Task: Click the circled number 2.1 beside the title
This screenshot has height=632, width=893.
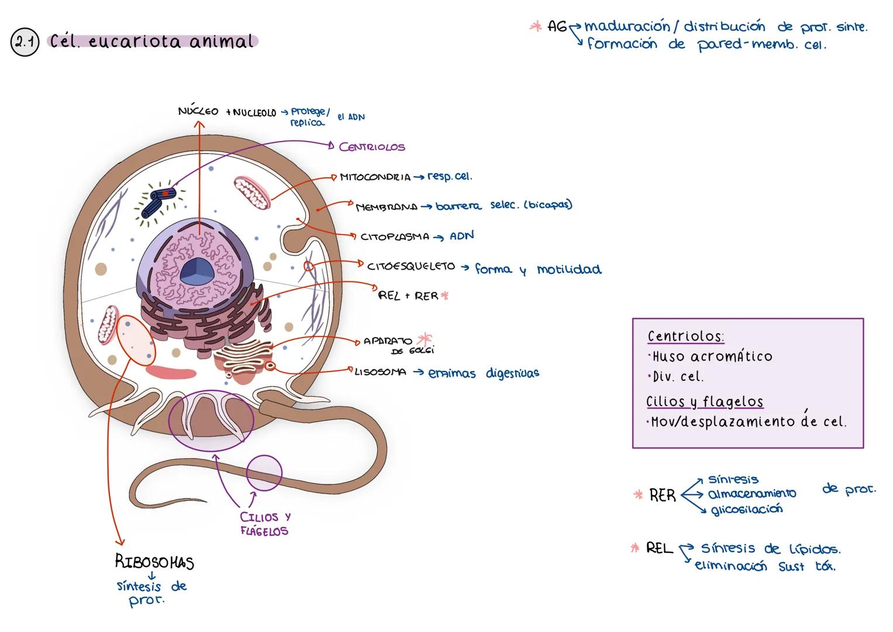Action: coord(25,43)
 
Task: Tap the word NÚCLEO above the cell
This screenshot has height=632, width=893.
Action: coord(198,111)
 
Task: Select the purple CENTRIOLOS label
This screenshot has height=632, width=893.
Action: coord(372,147)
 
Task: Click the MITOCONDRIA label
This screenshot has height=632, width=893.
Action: coord(375,177)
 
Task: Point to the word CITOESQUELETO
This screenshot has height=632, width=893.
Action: coord(411,266)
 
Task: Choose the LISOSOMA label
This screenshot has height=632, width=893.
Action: coord(380,372)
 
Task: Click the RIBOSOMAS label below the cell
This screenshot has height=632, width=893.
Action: coord(154,562)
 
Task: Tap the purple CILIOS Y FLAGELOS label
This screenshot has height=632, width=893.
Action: coord(265,524)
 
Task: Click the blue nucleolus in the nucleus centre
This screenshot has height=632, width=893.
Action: coord(196,272)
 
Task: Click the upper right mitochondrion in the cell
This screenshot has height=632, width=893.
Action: coord(252,194)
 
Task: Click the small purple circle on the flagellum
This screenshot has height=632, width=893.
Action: coord(264,472)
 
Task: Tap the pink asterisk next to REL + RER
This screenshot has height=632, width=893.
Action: coord(444,296)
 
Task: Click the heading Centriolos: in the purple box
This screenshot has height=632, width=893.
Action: coord(685,336)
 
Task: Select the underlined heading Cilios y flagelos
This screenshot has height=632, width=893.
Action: coord(704,402)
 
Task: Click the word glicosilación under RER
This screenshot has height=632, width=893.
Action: coord(746,509)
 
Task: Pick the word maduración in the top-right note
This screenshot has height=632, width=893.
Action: coord(627,26)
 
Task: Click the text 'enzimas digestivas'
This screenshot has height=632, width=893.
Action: coord(484,373)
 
